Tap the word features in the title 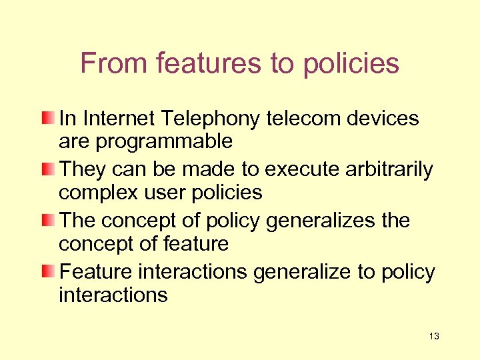click(211, 63)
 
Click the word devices click(385, 119)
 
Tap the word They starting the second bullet click(81, 170)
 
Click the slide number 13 click(434, 336)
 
